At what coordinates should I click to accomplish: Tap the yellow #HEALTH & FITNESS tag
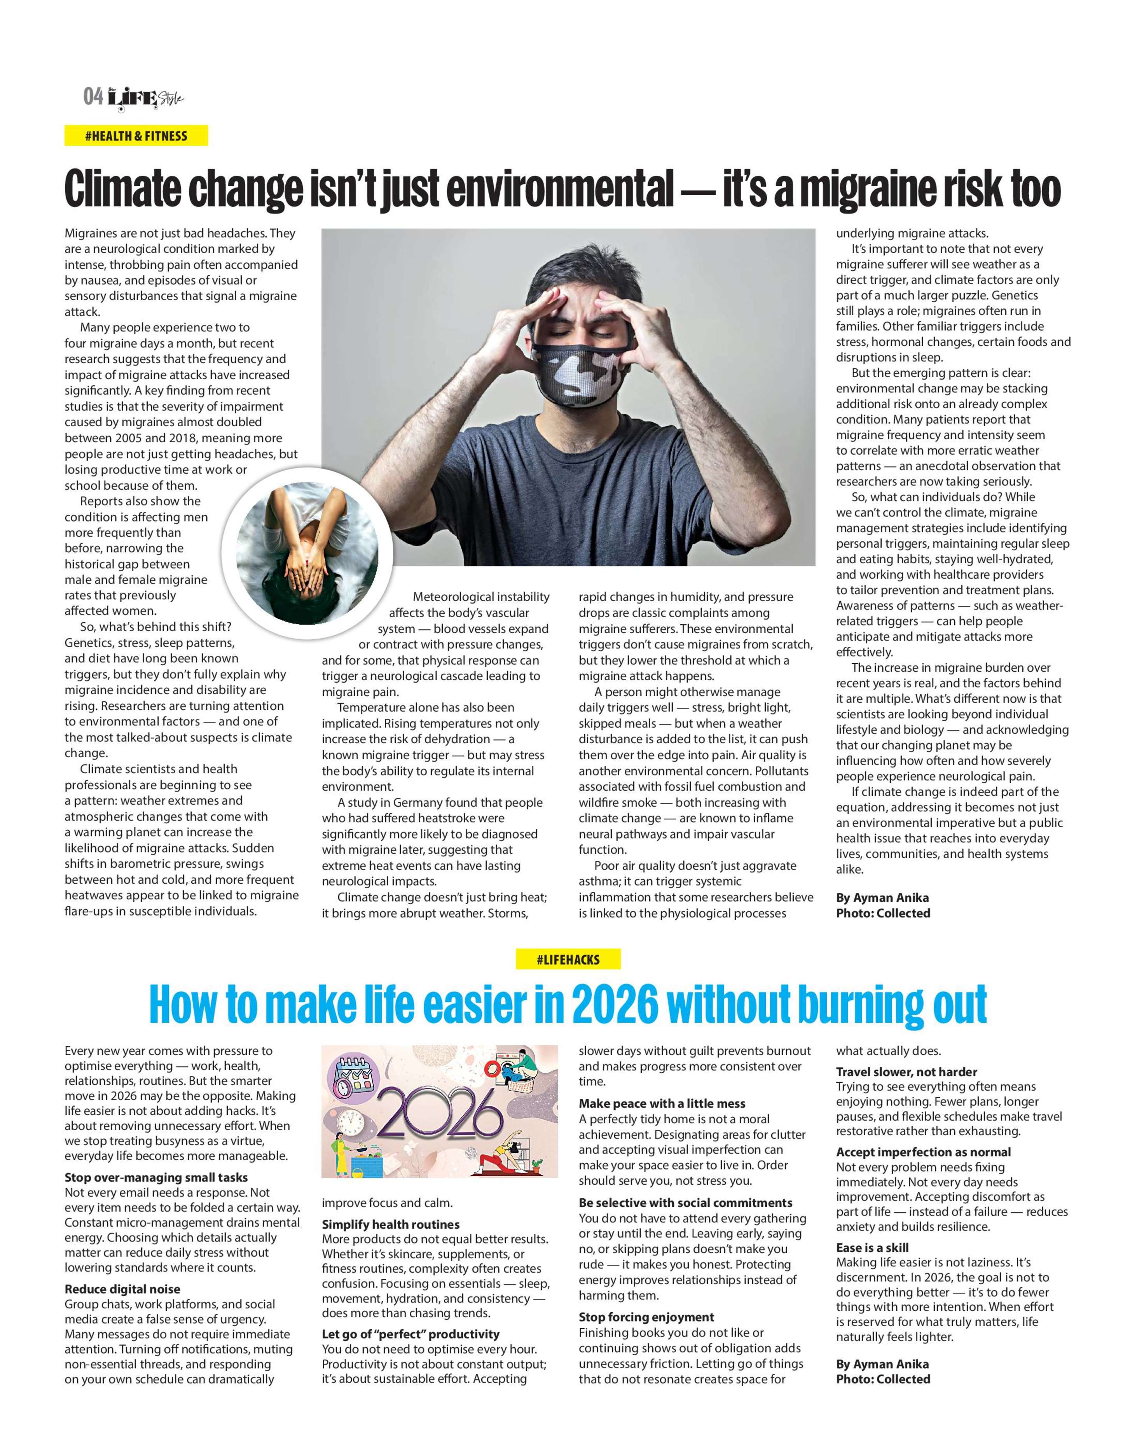[136, 136]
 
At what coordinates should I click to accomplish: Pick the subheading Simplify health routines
[391, 1224]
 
